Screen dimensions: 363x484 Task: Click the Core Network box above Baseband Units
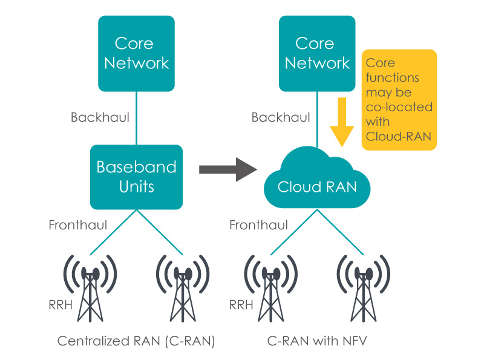[x=137, y=53]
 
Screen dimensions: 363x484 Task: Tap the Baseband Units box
[x=137, y=177]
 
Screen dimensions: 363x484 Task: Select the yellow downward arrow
[x=342, y=121]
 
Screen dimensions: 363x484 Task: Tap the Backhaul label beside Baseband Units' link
[x=100, y=117]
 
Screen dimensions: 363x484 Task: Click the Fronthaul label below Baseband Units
[x=78, y=225]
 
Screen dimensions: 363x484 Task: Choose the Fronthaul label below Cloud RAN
[x=258, y=225]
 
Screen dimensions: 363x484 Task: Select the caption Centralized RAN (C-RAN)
[x=136, y=341]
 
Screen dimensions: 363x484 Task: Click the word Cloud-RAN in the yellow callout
[x=399, y=137]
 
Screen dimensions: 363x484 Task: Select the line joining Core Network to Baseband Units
[x=137, y=118]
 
